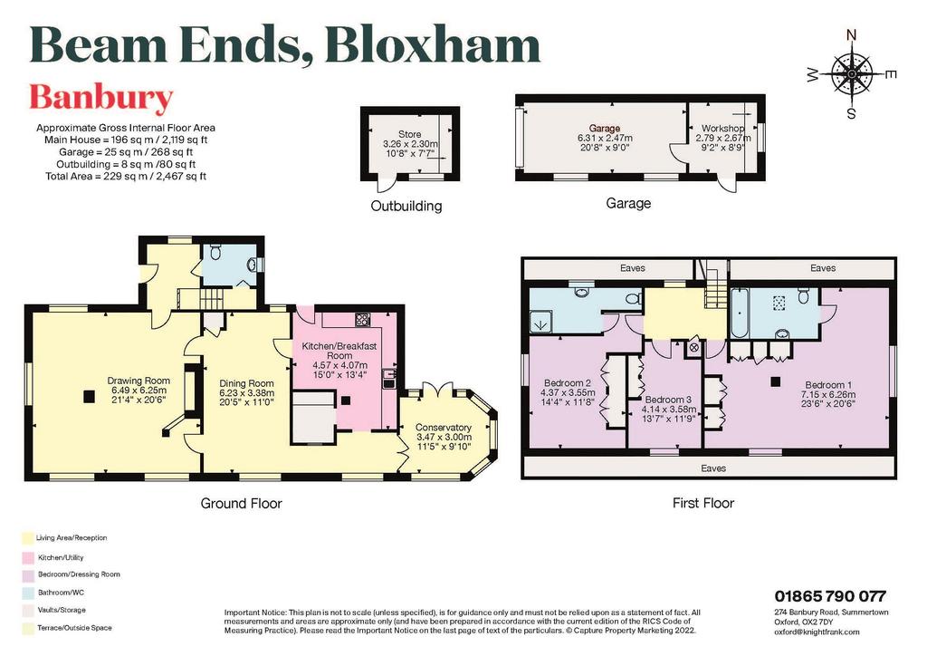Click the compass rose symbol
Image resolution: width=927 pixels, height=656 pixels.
coord(851,74)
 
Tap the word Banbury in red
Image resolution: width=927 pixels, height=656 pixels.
coord(101,98)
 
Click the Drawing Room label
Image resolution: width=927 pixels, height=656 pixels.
coord(139,381)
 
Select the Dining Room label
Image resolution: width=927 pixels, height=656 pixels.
coord(246,383)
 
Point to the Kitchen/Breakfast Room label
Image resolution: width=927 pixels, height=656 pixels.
coord(339,351)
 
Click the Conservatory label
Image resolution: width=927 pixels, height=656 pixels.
coord(444,427)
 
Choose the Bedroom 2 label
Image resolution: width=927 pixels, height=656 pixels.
coord(568,382)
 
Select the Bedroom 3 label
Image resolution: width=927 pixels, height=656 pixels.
coord(668,400)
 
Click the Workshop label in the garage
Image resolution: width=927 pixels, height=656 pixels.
coord(722,128)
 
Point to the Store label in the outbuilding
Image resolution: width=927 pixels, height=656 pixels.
coord(410,134)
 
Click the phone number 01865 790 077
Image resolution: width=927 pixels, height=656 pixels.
coord(830,595)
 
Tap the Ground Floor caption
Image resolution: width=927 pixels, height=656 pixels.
coord(241,504)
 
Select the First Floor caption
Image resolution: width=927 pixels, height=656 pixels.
coord(703,504)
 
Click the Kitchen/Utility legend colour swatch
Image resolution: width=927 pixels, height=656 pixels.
coord(27,557)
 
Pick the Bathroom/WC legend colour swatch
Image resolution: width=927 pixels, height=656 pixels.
coord(27,592)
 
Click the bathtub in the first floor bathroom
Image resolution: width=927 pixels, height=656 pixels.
coord(739,313)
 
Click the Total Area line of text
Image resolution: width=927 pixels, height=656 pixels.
coord(126,177)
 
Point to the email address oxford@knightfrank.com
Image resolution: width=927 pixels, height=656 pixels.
coord(817,632)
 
